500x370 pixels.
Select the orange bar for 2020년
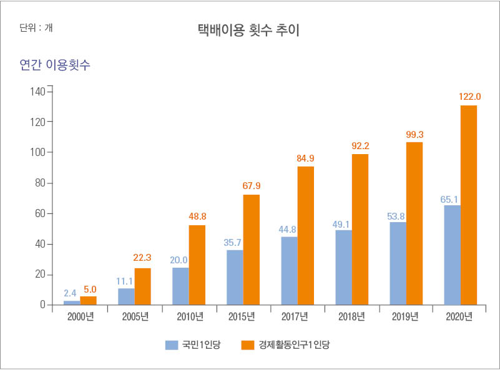click(468, 205)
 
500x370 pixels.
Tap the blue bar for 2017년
click(289, 271)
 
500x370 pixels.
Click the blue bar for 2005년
click(126, 296)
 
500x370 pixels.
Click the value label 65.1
click(451, 200)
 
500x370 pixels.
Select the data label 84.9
click(305, 158)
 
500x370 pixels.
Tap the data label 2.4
click(71, 293)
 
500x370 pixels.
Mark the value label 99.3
click(414, 134)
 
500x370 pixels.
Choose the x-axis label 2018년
click(351, 317)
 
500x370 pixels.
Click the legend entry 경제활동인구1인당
click(287, 344)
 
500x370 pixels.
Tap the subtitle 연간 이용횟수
click(55, 64)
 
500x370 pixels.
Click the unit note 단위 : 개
click(36, 27)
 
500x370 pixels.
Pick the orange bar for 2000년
click(89, 301)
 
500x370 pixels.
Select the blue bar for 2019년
click(398, 263)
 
